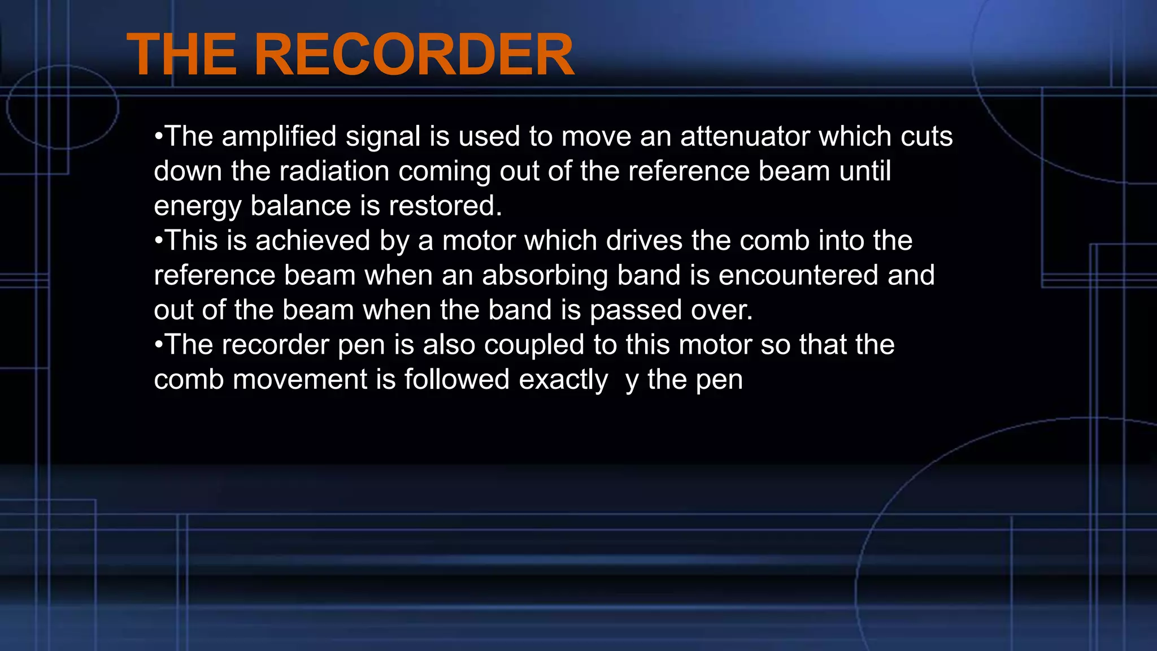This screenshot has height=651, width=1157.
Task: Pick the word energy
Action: pos(197,207)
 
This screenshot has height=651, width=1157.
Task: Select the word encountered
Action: pos(798,276)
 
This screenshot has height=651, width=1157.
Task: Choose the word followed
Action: pos(456,380)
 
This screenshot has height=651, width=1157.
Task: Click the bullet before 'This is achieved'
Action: pos(159,241)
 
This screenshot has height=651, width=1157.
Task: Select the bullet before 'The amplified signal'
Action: pos(159,137)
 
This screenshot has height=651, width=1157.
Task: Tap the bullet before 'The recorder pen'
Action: pos(159,345)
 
